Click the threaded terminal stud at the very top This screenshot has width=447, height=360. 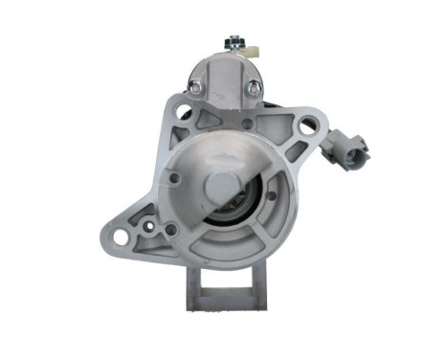coord(231,42)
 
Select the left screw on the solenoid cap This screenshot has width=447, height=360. coord(195,86)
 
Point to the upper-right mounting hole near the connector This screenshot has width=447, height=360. coord(306,124)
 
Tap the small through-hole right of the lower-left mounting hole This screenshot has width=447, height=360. coord(169,229)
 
